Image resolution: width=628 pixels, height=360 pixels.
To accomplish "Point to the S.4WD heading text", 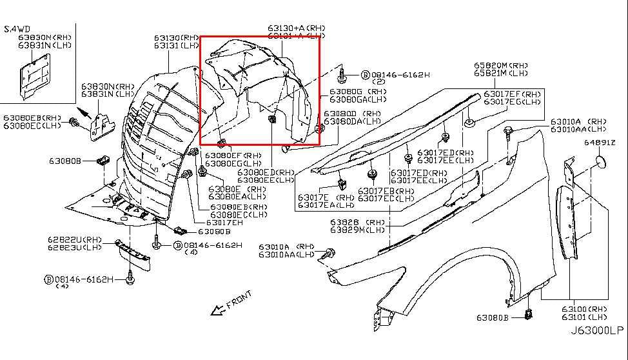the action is (x=17, y=29).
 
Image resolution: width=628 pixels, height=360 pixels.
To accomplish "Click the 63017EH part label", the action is (x=225, y=222).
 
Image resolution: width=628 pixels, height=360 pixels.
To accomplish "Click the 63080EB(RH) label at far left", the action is (x=32, y=118).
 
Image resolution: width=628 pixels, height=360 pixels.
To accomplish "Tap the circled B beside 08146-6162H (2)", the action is (x=364, y=75).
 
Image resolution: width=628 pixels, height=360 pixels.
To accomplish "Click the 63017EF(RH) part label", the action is (x=513, y=94).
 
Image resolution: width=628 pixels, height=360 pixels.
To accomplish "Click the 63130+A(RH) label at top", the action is (x=297, y=28).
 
